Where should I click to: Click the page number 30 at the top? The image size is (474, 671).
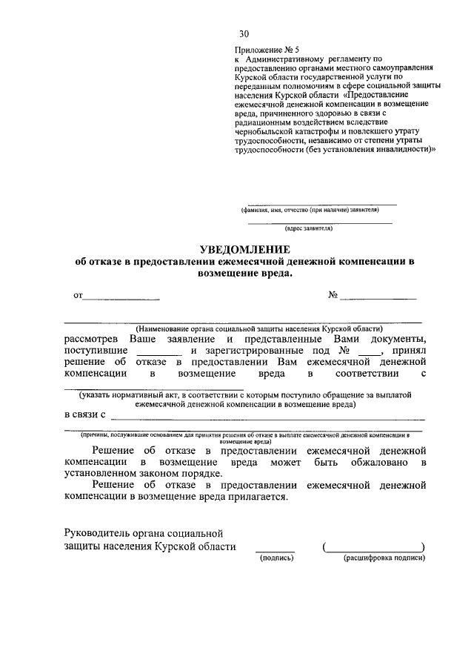[x=244, y=34]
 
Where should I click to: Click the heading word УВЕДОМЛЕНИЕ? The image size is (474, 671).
[x=244, y=250]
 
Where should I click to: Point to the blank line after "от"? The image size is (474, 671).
[x=120, y=298]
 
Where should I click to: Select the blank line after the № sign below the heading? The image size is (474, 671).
[x=378, y=298]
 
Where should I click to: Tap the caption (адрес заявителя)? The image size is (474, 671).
[x=320, y=229]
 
